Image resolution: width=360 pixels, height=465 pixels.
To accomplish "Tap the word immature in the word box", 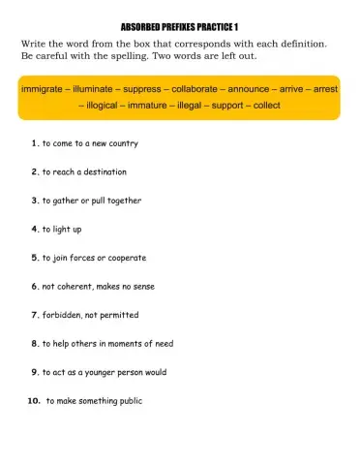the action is click(165, 105).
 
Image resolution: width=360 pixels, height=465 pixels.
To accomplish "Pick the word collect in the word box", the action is click(295, 105).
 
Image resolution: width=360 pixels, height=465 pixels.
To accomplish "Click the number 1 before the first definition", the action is click(34, 143).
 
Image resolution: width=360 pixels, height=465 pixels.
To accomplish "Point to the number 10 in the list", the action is click(33, 399).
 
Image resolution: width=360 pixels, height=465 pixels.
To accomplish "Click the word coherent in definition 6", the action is click(79, 286).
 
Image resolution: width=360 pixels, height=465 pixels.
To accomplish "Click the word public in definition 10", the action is click(130, 400).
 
